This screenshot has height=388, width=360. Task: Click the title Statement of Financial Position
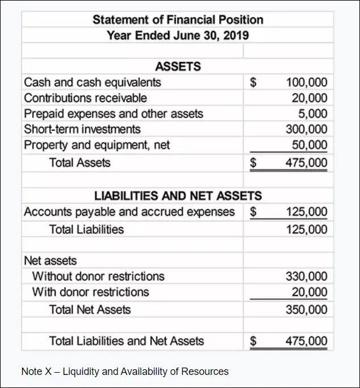178,20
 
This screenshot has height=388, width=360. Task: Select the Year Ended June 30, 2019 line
178,35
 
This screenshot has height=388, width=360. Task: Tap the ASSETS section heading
178,66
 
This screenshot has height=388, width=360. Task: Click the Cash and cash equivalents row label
93,82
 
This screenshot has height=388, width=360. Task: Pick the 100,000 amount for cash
307,82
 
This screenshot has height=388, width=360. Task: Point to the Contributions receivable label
85,98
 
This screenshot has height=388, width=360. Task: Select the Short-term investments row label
82,129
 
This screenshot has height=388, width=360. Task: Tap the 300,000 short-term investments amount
307,129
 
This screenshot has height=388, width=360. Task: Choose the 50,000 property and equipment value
309,145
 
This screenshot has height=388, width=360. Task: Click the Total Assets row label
80,163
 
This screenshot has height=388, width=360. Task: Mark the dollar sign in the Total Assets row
254,163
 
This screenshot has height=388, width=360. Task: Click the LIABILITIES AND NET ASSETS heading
178,196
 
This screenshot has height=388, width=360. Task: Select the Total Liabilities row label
86,230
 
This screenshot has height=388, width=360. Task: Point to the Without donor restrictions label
98,277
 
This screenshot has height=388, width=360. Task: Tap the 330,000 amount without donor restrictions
307,277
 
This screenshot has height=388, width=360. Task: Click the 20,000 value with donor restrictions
309,292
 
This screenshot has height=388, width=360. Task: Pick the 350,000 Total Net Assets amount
307,310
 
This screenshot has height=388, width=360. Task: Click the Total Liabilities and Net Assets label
127,341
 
